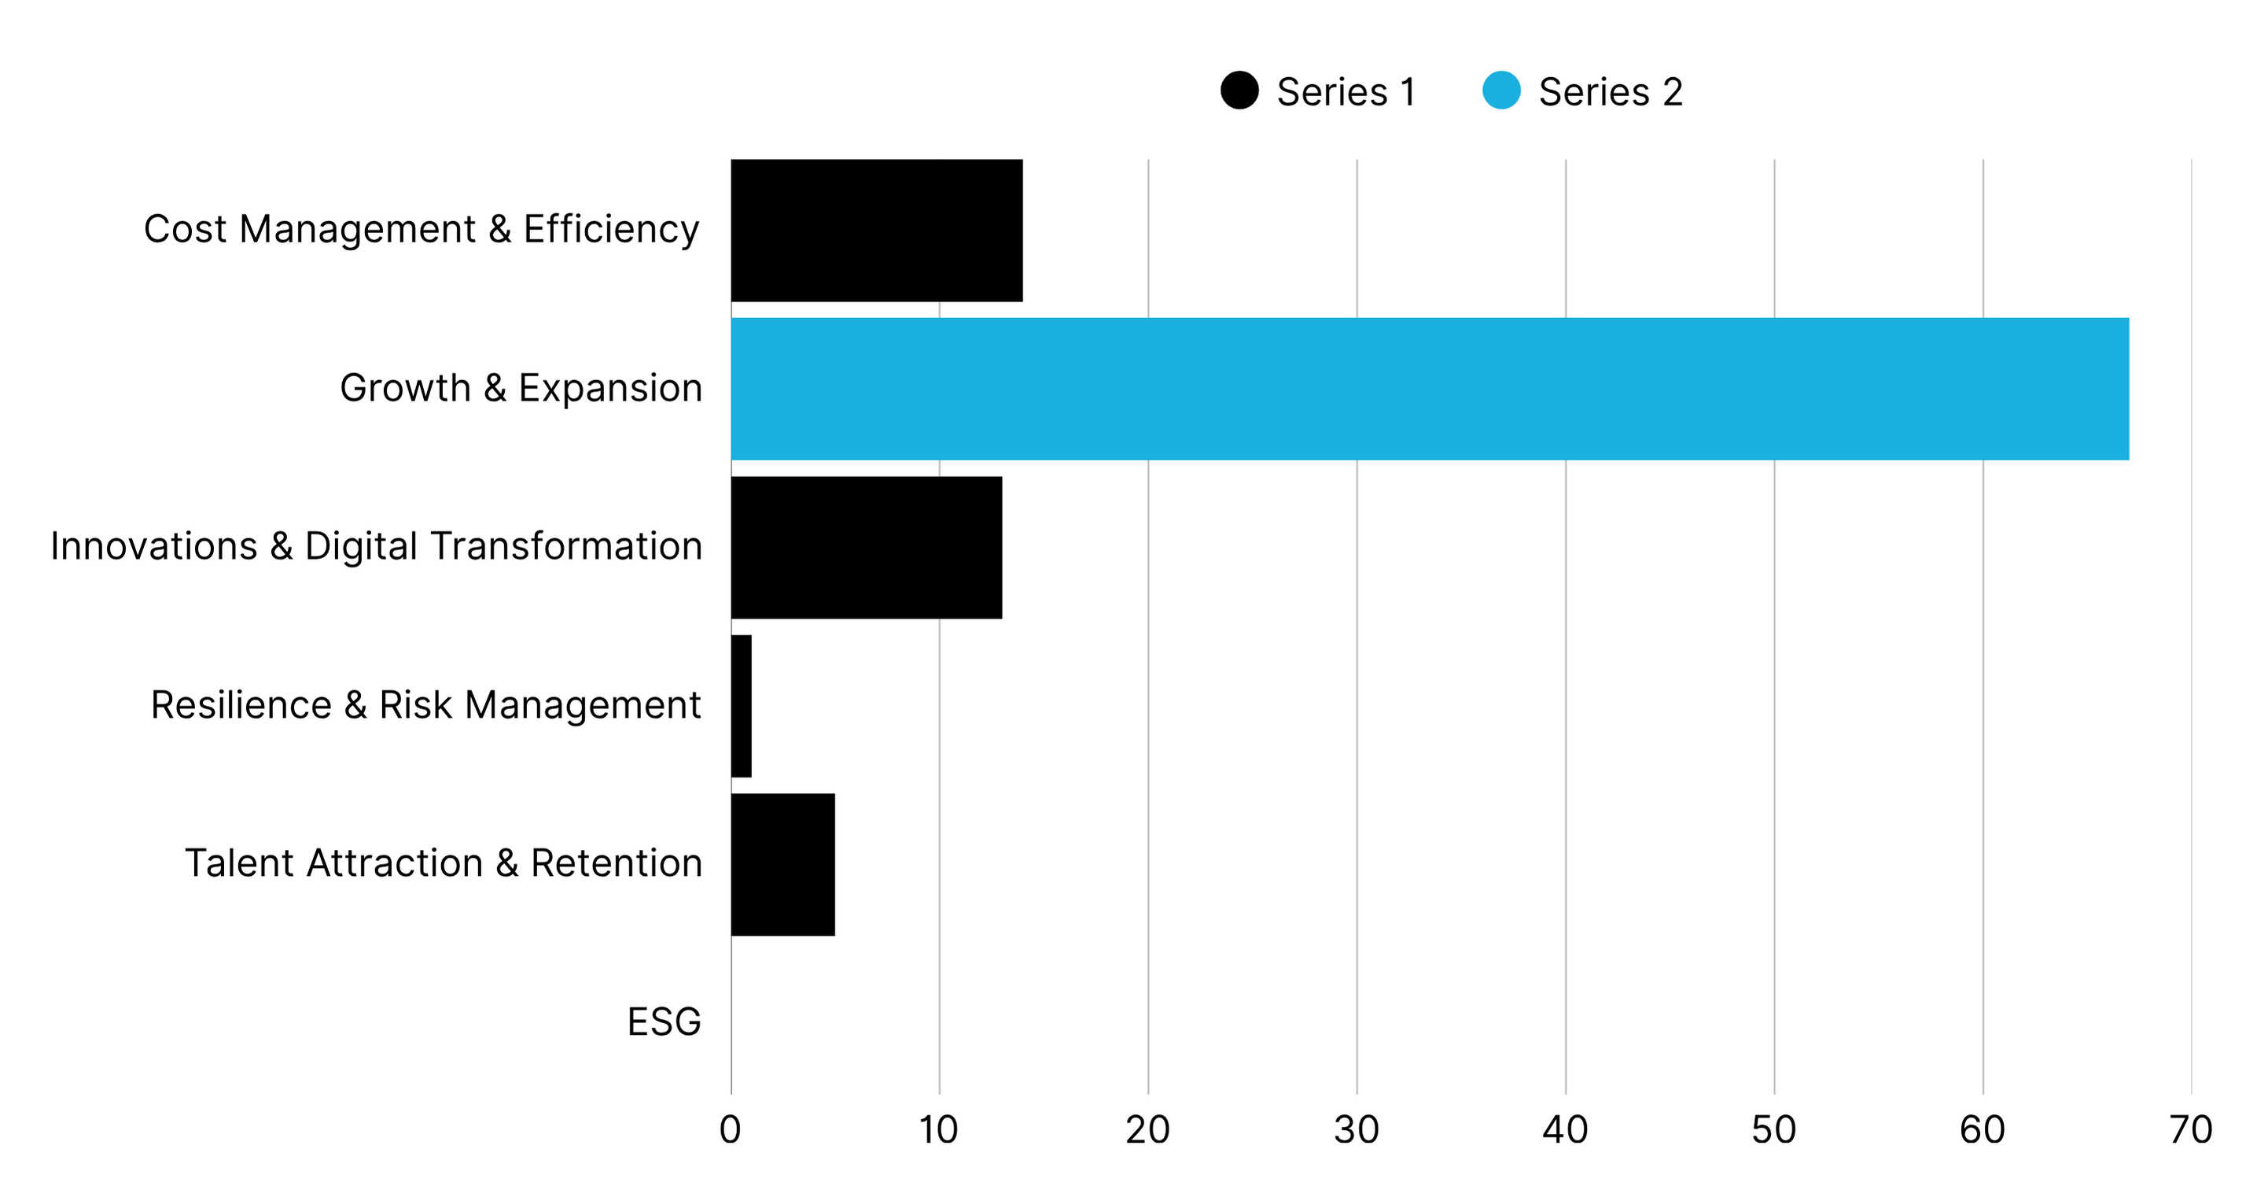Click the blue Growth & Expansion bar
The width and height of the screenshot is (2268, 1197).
(1429, 389)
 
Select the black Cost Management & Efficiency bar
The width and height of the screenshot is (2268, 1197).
(876, 230)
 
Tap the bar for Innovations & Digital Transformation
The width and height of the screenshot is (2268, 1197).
(867, 547)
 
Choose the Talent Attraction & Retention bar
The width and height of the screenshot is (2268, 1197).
(782, 864)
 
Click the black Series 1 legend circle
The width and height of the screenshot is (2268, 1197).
(1239, 90)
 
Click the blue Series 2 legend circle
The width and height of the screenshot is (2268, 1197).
(1501, 90)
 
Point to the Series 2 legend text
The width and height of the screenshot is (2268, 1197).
(1611, 91)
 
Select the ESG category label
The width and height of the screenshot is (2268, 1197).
(664, 1022)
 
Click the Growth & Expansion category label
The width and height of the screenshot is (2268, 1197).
(521, 389)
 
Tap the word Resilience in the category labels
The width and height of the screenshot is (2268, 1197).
(241, 705)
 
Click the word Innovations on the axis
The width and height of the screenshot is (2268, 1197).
(153, 546)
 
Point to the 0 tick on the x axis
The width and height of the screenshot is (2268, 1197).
(730, 1130)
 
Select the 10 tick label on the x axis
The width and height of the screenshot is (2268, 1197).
(938, 1130)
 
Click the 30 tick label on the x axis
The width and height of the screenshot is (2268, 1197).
(1356, 1130)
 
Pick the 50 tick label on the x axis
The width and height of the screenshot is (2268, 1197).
(1773, 1130)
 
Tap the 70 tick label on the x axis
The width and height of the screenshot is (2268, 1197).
(2190, 1130)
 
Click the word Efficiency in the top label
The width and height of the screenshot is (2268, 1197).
(611, 230)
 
